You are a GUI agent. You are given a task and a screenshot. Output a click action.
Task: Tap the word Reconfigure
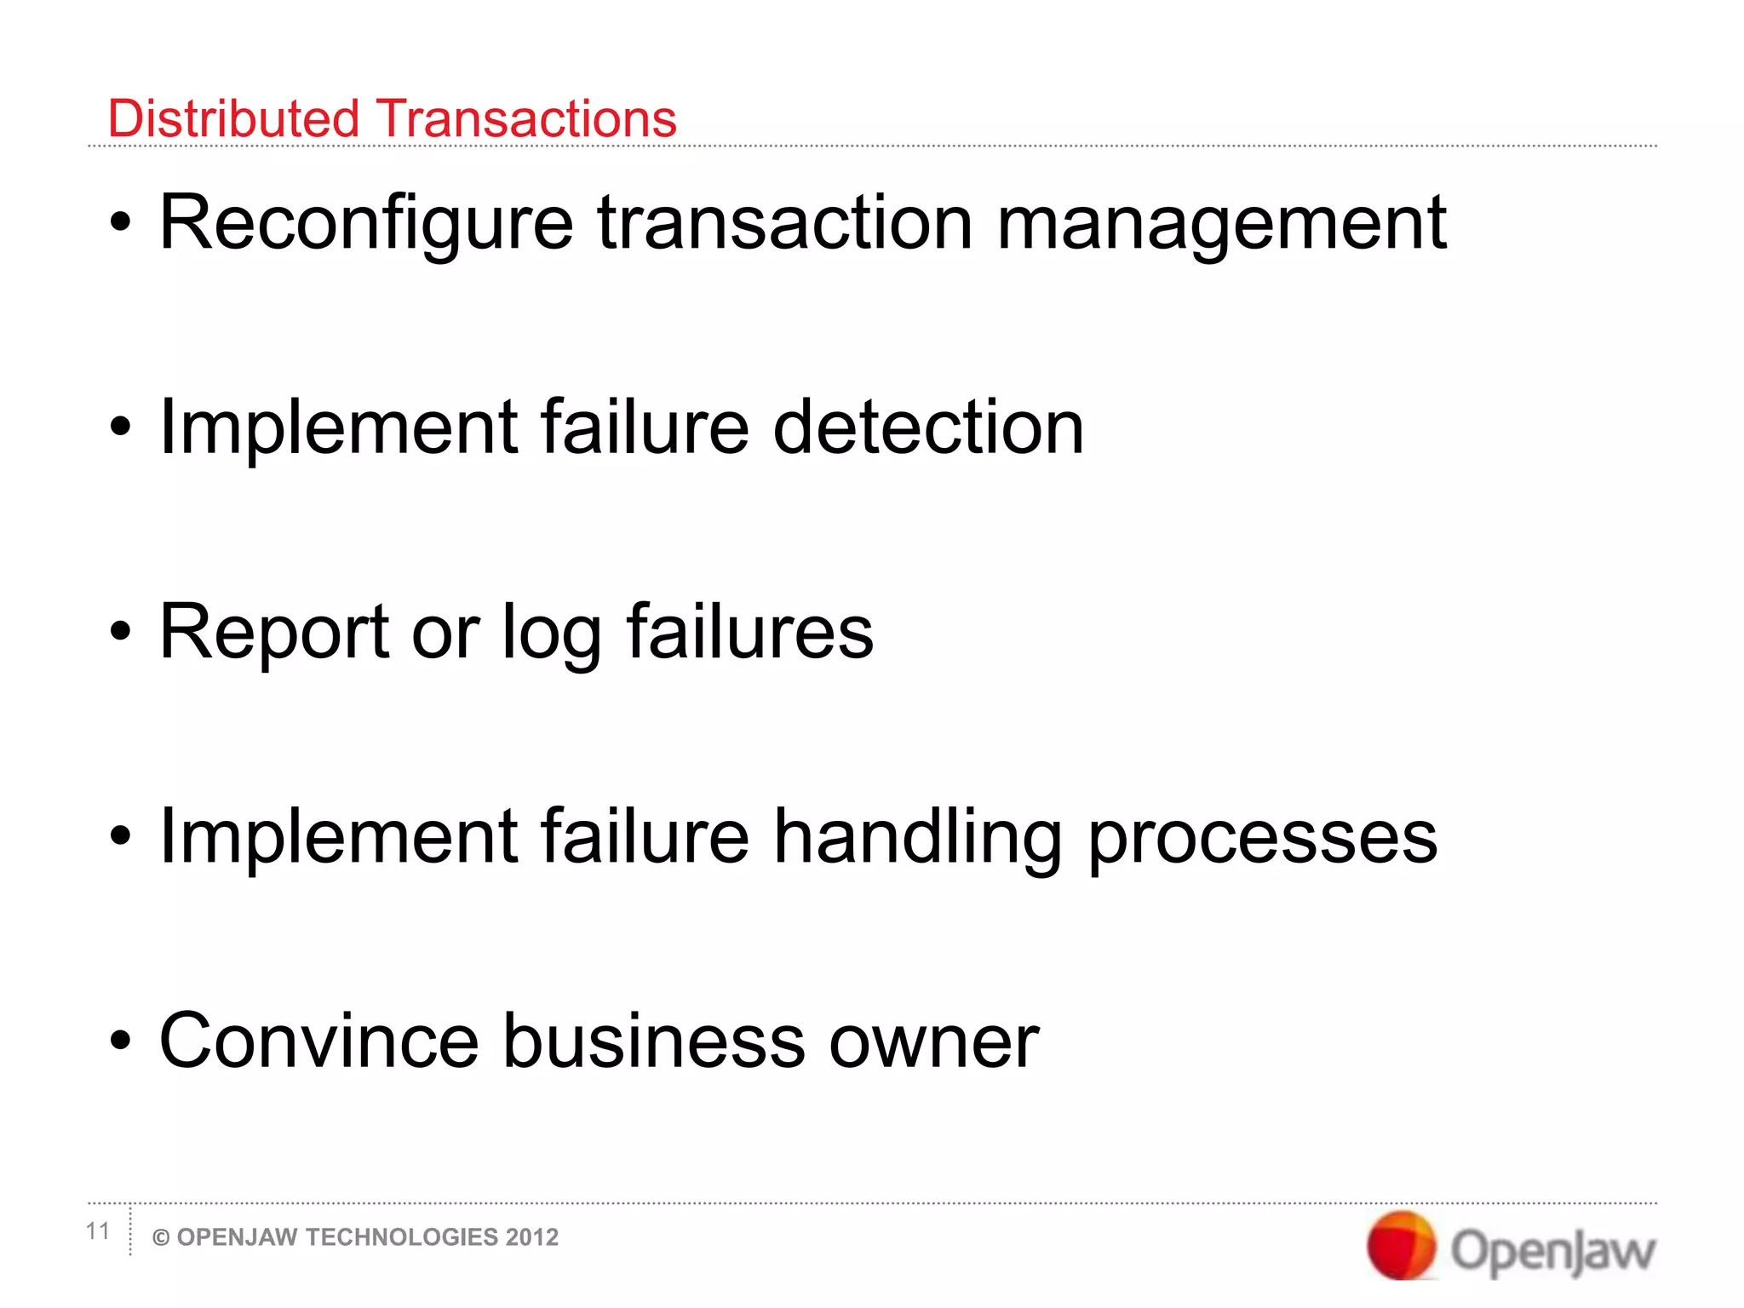click(366, 223)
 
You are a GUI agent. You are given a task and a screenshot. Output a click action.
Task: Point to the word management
click(1221, 223)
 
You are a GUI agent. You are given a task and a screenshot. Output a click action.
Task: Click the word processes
click(1263, 838)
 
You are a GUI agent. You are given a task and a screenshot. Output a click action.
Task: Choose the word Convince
click(319, 1041)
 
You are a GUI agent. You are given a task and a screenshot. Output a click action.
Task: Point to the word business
click(654, 1041)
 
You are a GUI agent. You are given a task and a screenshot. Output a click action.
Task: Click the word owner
click(934, 1042)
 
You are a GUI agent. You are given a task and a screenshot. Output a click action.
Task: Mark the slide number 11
click(98, 1231)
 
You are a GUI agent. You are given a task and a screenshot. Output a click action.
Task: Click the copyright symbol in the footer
click(160, 1238)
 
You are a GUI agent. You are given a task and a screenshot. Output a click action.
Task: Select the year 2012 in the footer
click(531, 1237)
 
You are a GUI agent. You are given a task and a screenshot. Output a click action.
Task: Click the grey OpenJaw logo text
click(1553, 1251)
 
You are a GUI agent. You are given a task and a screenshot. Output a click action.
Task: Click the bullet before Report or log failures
click(121, 632)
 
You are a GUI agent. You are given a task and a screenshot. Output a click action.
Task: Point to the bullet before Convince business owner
click(121, 1041)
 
